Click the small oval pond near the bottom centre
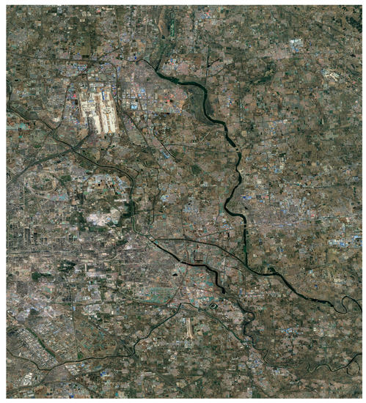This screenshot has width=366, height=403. pyautogui.click(x=212, y=308)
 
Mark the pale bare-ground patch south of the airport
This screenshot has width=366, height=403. pyautogui.click(x=101, y=217)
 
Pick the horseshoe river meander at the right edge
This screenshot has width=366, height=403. pyautogui.click(x=343, y=303)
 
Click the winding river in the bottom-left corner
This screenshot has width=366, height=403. pyautogui.click(x=29, y=366)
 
